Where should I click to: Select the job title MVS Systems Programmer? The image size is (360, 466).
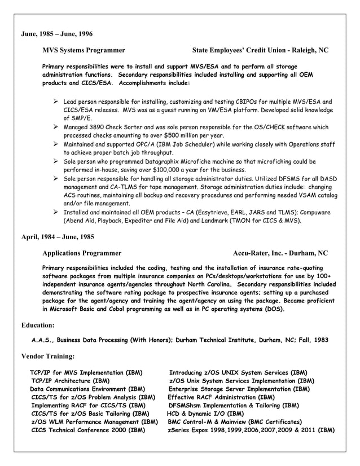point(84,50)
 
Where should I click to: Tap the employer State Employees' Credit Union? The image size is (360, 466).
point(243,50)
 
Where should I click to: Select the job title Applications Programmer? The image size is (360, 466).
point(81,253)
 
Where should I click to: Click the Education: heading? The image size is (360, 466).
point(38,326)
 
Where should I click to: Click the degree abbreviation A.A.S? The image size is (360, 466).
point(43,341)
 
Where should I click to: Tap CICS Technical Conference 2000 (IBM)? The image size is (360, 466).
point(88,430)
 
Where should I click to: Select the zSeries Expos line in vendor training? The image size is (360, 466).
point(251,430)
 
